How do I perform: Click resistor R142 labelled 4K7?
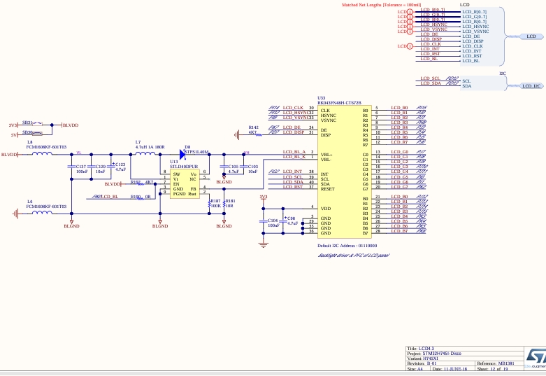click(x=253, y=132)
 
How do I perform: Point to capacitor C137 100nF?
click(x=72, y=167)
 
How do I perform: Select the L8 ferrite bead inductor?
click(x=41, y=154)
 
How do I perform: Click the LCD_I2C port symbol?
click(x=531, y=85)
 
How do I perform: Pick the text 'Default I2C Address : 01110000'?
click(x=347, y=246)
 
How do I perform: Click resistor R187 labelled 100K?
click(x=210, y=204)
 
